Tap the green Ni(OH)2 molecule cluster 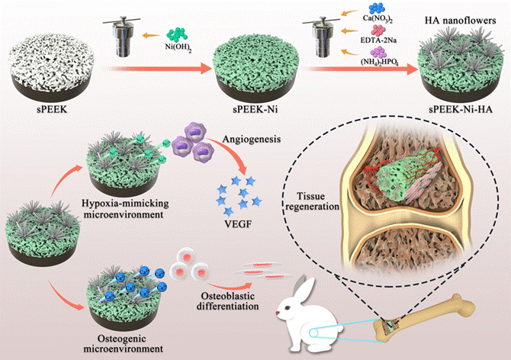[180, 35]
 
